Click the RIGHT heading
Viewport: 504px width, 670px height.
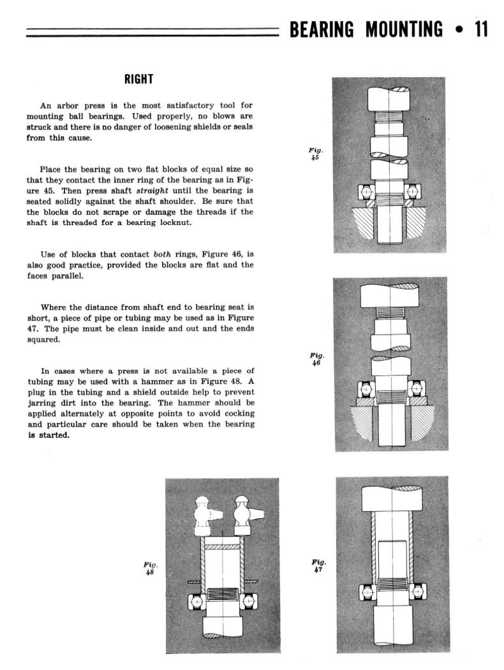(x=138, y=79)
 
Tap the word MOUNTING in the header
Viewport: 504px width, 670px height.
(x=404, y=29)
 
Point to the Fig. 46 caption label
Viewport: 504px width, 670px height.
(x=317, y=359)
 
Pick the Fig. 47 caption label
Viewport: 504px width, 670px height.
(x=319, y=565)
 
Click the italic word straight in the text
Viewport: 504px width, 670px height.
(x=154, y=191)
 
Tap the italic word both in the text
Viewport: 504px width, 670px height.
(x=163, y=254)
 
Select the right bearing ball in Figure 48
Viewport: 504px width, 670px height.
(x=249, y=601)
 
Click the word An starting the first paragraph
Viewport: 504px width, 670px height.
(x=46, y=106)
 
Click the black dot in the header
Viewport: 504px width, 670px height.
(x=457, y=30)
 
